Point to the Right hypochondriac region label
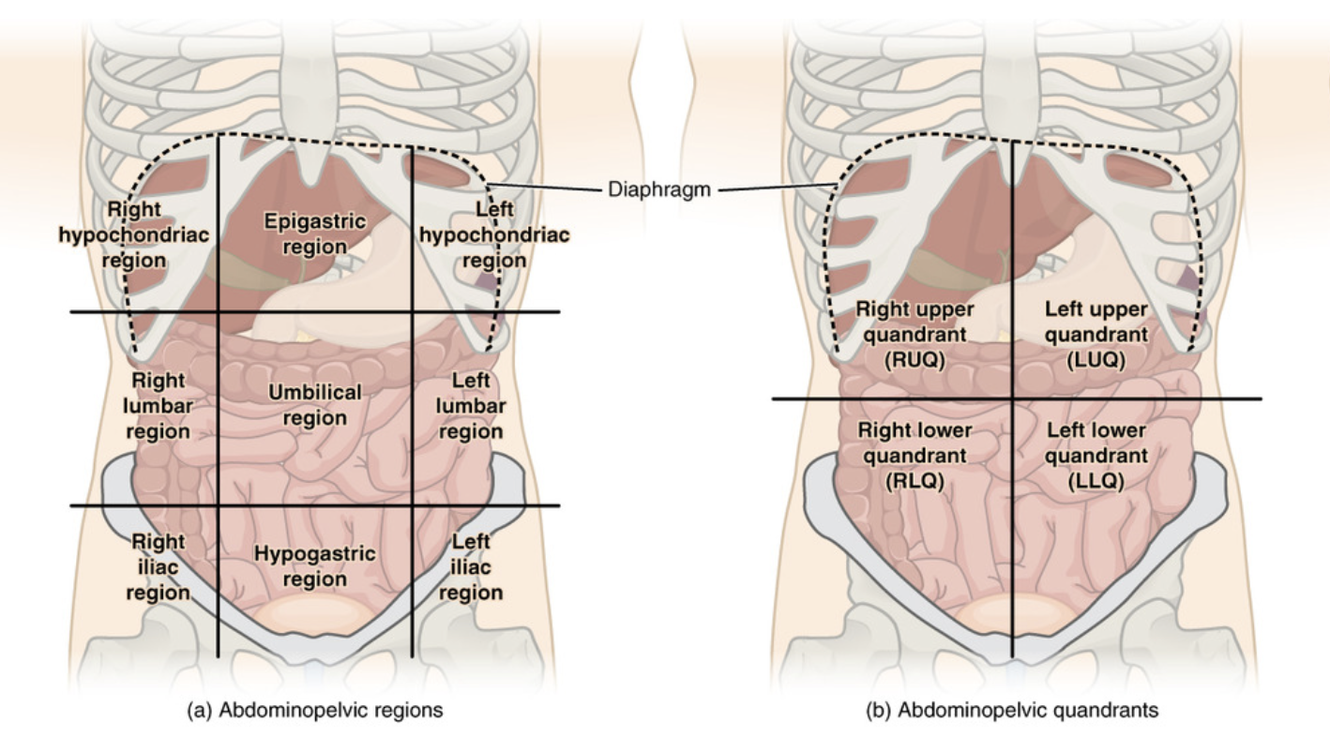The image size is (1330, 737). tap(133, 233)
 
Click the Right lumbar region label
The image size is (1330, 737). tap(158, 406)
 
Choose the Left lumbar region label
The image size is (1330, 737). tap(471, 406)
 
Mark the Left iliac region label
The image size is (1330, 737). tap(471, 566)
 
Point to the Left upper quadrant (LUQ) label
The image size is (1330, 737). tap(1096, 334)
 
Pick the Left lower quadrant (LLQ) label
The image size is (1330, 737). tap(1096, 456)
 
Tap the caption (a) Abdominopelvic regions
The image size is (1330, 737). tap(316, 710)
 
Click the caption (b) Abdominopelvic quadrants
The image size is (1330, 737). tap(1011, 710)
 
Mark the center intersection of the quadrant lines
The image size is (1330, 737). tap(1013, 399)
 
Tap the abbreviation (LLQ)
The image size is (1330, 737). tap(1096, 481)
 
